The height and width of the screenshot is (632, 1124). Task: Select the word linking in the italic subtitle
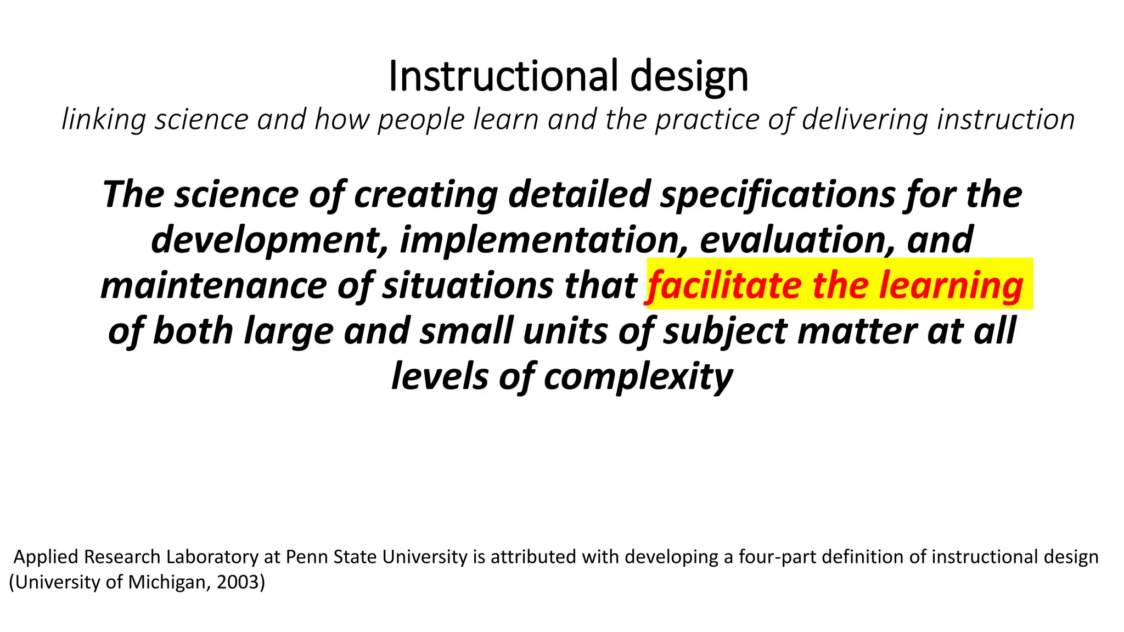(103, 120)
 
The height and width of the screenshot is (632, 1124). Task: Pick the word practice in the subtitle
(706, 120)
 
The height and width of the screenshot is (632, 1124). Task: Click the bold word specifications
(778, 195)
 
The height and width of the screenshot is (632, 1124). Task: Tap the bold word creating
(426, 195)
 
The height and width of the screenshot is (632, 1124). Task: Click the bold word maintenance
(214, 286)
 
